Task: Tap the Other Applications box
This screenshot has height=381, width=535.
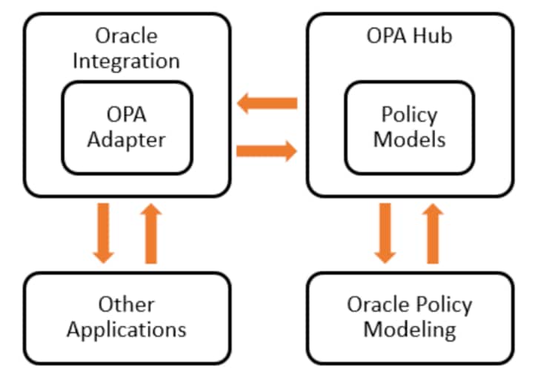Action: click(126, 317)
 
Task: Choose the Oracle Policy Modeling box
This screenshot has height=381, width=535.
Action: click(409, 317)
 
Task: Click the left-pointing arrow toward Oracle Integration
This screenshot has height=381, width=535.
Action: click(267, 103)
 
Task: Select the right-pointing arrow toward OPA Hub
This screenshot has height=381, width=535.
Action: click(267, 151)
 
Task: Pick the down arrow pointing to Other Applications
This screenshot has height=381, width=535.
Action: click(104, 233)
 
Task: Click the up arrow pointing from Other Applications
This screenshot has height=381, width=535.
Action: click(151, 233)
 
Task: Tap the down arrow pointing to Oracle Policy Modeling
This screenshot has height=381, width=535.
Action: click(384, 233)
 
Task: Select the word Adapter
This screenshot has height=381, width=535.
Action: click(126, 139)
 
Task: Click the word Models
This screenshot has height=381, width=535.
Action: click(409, 139)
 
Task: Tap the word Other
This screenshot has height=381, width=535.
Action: click(126, 304)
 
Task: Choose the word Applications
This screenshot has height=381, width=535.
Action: click(126, 328)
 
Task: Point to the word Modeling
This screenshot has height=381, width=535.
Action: click(409, 328)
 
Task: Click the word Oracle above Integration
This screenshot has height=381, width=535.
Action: click(126, 35)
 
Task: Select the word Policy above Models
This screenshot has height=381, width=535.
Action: click(409, 115)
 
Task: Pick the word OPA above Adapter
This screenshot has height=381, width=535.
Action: click(126, 115)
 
